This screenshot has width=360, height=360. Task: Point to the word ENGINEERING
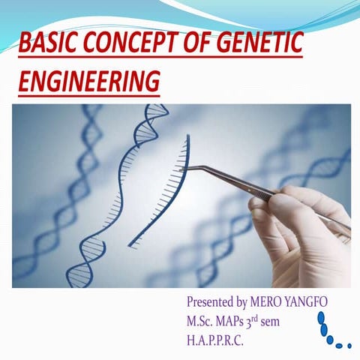[x=89, y=80]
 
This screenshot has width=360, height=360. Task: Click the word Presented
[x=212, y=301]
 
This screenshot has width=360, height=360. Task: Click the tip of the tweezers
[x=184, y=168]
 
